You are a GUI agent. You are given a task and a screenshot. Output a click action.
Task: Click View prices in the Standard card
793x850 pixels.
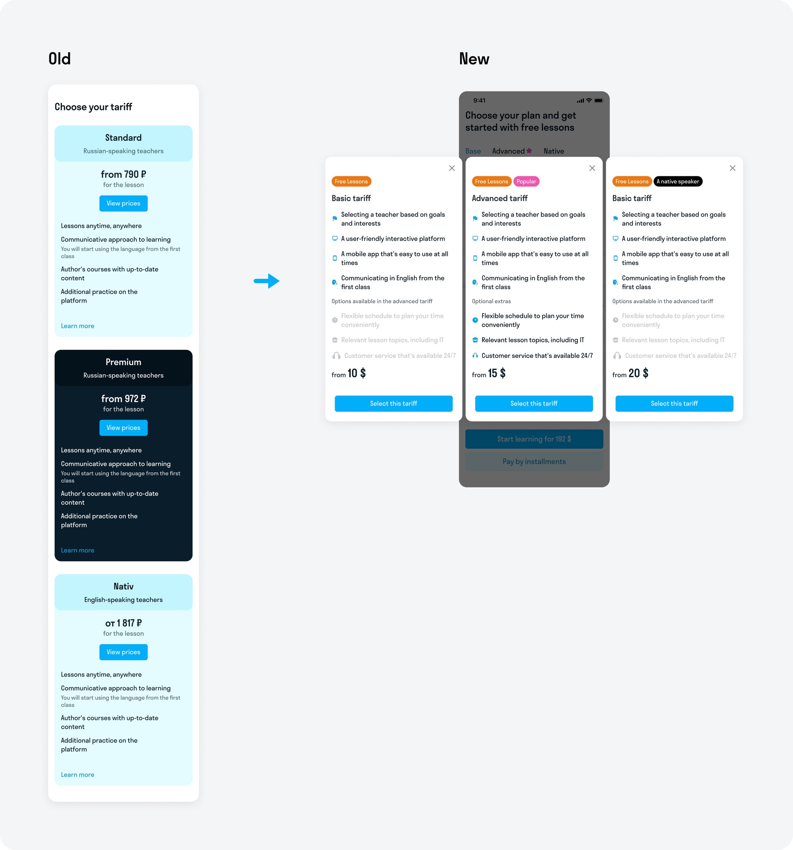[123, 203]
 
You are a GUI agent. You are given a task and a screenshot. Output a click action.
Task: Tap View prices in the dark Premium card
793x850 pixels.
[123, 427]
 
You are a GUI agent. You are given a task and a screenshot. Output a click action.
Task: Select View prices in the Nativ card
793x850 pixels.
[123, 652]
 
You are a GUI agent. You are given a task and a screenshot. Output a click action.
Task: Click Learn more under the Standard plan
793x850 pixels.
[77, 326]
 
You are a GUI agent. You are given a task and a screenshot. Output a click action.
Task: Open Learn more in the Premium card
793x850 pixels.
[77, 550]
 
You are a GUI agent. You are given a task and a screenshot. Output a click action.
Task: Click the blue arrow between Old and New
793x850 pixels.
[267, 281]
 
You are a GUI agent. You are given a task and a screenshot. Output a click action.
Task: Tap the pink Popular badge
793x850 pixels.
[526, 181]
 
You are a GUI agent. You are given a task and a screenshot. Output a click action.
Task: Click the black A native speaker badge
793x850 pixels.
[678, 181]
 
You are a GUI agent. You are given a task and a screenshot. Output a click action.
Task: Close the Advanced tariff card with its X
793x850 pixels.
[592, 168]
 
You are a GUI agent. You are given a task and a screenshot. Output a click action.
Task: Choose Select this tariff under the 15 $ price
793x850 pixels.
[534, 403]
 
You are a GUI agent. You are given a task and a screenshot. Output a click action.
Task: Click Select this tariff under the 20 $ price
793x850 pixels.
[674, 403]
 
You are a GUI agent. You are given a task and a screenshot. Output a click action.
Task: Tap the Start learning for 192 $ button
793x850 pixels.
[534, 439]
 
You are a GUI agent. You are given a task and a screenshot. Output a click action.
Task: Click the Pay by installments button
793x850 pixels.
[534, 462]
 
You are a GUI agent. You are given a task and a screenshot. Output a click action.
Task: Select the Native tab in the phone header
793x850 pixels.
[553, 151]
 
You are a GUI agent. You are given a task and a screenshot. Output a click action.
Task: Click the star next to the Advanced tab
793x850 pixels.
[529, 151]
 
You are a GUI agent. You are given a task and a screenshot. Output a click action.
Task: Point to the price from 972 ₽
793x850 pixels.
[123, 399]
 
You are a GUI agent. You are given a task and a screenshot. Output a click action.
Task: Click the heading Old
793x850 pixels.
[59, 59]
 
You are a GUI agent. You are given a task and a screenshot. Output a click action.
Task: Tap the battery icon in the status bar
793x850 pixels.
[598, 100]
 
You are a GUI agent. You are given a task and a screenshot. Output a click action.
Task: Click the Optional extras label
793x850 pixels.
[491, 301]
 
